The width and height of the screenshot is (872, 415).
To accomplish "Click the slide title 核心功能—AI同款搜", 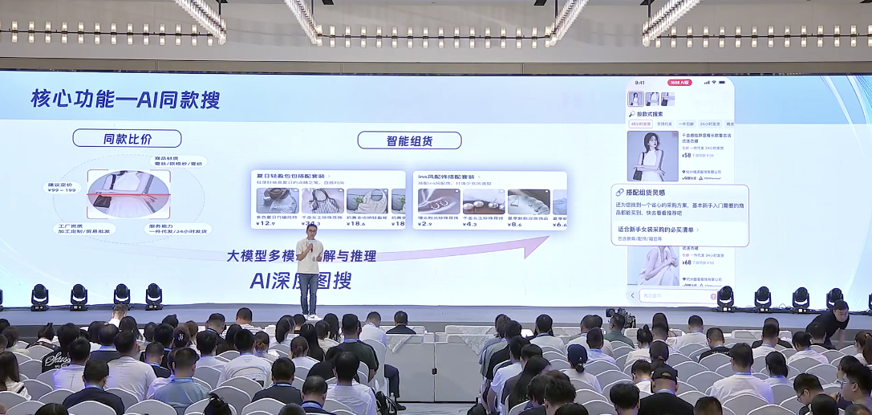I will (125, 100).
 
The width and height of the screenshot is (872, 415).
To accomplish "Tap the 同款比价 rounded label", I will (127, 139).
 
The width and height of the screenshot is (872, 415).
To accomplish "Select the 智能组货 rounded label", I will (409, 140).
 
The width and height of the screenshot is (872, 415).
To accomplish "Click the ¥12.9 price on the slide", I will (266, 224).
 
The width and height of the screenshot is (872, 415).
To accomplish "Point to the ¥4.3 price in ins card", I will (470, 224).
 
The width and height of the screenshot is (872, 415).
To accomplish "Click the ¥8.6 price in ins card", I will (515, 224).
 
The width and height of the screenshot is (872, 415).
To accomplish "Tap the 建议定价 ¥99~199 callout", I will (63, 188).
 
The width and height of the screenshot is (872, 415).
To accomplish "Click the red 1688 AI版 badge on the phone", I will (679, 82).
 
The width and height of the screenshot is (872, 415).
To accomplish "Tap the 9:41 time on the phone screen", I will (639, 82).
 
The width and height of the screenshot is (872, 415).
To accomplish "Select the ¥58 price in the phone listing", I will (687, 154).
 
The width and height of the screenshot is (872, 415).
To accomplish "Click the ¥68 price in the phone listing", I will (687, 262).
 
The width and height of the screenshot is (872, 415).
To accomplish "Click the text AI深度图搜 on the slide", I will (299, 280).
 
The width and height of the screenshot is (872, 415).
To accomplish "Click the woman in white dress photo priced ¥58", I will (652, 155).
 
